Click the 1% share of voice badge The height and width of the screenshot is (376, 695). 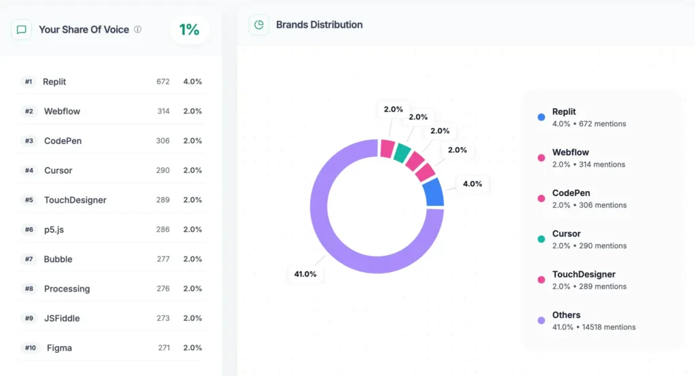point(189,29)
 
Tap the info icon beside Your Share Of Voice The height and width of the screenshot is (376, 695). point(138,29)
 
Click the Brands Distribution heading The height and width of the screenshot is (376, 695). point(319,24)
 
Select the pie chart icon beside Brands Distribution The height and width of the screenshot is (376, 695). point(259,24)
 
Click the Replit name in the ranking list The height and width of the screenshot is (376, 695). point(54,82)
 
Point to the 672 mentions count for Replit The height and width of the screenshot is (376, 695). point(163,82)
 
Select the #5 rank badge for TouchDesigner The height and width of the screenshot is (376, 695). point(29,200)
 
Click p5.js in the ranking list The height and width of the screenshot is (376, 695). point(54,230)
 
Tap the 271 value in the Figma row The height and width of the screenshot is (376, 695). point(163,348)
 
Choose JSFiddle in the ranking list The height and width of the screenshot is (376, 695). point(62,318)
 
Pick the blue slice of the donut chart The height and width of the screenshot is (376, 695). point(433,192)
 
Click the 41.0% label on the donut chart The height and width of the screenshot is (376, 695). point(305,274)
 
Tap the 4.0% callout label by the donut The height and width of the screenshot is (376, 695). point(472,184)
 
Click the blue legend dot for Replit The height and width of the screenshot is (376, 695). point(541,117)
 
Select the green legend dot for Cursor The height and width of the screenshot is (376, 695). point(541,239)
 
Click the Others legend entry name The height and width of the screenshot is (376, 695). point(566,315)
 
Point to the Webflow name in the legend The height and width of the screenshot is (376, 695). point(570,152)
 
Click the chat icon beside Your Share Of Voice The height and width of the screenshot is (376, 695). point(22,30)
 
